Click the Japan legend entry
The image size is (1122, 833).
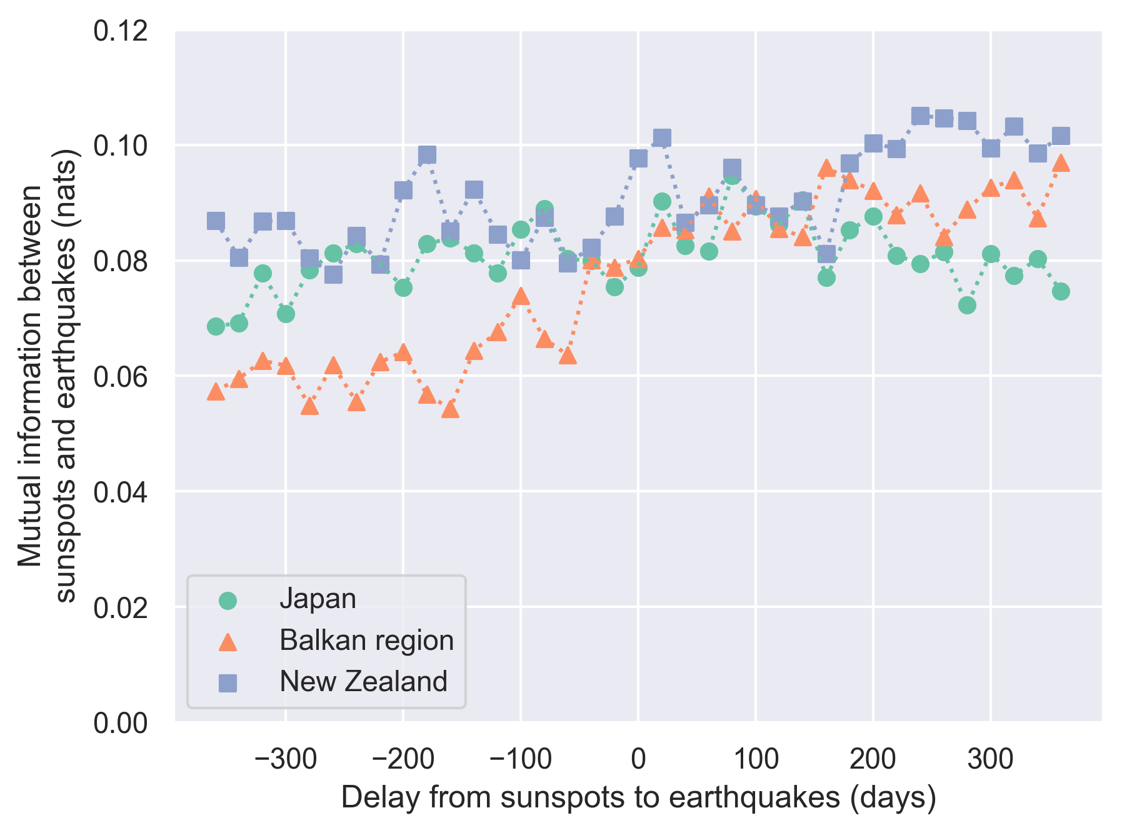pyautogui.click(x=318, y=599)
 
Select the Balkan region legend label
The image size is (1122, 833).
pyautogui.click(x=366, y=641)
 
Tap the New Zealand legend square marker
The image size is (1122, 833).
pyautogui.click(x=228, y=682)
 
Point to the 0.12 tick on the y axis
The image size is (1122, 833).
pyautogui.click(x=121, y=31)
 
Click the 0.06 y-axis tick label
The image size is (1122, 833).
pyautogui.click(x=121, y=377)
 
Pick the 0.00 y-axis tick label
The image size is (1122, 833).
pyautogui.click(x=121, y=723)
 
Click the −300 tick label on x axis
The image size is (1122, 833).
pyautogui.click(x=285, y=759)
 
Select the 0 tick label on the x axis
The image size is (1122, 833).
pyautogui.click(x=638, y=759)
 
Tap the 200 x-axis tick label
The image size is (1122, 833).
pyautogui.click(x=873, y=759)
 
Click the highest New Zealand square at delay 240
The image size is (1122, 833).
pyautogui.click(x=920, y=116)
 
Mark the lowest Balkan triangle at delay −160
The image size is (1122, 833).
pyautogui.click(x=450, y=409)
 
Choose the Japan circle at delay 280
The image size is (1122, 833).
pyautogui.click(x=967, y=305)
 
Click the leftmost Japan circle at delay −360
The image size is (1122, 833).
pyautogui.click(x=216, y=326)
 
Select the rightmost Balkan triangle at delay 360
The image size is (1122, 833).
pyautogui.click(x=1061, y=164)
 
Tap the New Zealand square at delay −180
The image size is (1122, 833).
pyautogui.click(x=427, y=154)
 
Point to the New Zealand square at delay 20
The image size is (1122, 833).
pyautogui.click(x=662, y=137)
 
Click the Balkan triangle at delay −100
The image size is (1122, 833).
pyautogui.click(x=521, y=297)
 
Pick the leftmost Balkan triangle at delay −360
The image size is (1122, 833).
pyautogui.click(x=216, y=392)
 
